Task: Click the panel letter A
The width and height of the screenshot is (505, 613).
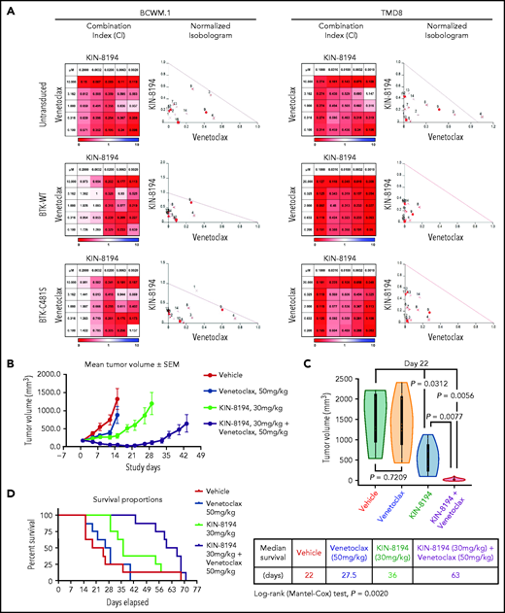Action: click(x=8, y=8)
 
